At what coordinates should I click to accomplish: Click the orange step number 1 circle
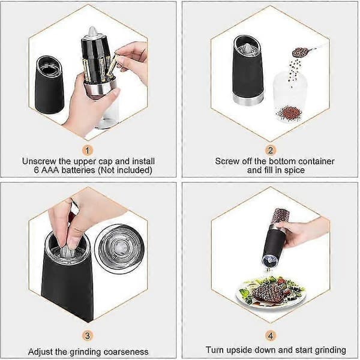[87, 151]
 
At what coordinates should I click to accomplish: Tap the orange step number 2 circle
[270, 151]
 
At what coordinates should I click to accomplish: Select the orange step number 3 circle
[87, 336]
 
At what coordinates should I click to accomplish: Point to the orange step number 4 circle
[270, 336]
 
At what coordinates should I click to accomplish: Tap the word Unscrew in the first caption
[39, 161]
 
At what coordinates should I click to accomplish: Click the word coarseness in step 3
[126, 352]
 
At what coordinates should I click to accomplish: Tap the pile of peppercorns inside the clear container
[290, 113]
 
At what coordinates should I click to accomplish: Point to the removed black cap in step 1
[49, 85]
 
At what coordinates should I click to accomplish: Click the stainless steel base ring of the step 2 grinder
[247, 100]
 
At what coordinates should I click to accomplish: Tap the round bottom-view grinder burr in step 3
[119, 247]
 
